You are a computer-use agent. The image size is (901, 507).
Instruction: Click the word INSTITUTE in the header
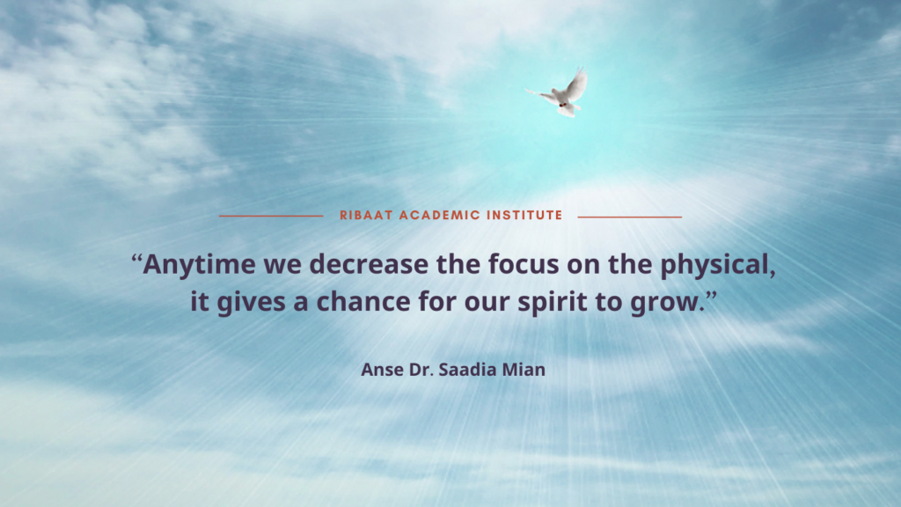coord(524,215)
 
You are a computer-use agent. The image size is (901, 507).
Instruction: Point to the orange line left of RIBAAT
coord(271,217)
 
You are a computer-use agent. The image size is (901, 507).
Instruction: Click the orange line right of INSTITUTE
coord(630,217)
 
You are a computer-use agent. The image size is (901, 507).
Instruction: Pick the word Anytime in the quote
coord(199,265)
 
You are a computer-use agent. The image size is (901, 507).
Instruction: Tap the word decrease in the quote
coord(369,264)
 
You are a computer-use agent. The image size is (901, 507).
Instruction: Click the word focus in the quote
coord(524,264)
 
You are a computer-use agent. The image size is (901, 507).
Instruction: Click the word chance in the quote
coord(363,302)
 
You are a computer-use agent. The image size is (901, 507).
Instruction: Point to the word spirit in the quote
coord(553,303)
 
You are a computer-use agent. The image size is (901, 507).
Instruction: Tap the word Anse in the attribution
coord(382,369)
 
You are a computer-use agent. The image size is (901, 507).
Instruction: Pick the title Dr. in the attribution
coord(421,369)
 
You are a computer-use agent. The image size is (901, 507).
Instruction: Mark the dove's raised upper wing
coord(576,84)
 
